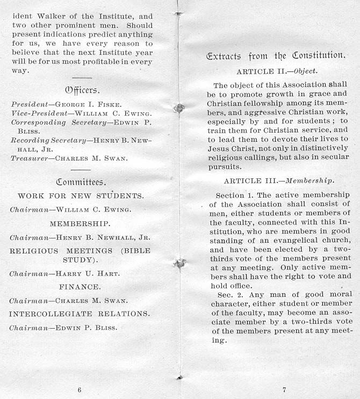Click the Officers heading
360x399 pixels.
(x=82, y=89)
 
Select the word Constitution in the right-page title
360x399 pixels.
(x=318, y=55)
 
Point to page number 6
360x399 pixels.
(x=80, y=389)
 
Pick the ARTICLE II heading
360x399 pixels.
(x=277, y=71)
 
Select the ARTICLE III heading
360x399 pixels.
(x=279, y=180)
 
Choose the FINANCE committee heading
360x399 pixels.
(x=80, y=287)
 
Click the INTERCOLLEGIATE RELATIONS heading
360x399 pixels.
(x=80, y=313)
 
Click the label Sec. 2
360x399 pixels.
(x=229, y=294)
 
